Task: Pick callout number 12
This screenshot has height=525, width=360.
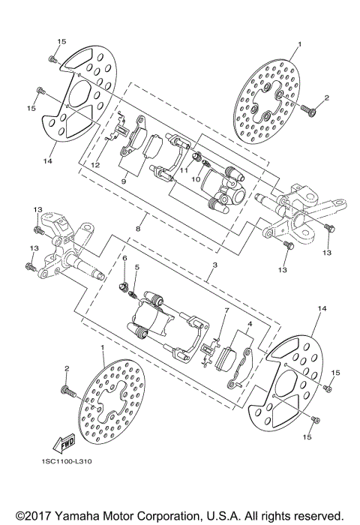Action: pyautogui.click(x=96, y=164)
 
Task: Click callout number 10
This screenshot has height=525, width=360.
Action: pyautogui.click(x=192, y=180)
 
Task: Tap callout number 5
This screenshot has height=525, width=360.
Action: pyautogui.click(x=137, y=268)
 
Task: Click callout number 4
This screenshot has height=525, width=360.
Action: pyautogui.click(x=248, y=325)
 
